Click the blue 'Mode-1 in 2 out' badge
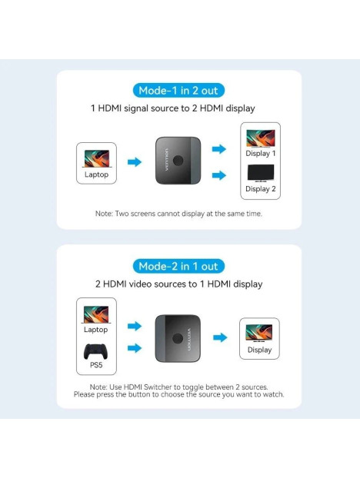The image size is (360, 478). [178, 90]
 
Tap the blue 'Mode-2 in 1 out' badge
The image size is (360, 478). [178, 266]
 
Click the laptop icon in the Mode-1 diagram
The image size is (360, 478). [97, 158]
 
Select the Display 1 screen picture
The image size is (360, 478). [261, 138]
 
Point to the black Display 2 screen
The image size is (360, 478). [261, 173]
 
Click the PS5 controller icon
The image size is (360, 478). [96, 351]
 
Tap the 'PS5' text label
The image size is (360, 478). [96, 365]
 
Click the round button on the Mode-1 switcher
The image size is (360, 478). [178, 160]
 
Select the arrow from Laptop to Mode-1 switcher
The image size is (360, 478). [135, 162]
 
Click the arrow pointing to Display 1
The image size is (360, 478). [219, 149]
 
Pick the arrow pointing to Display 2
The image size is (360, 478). [219, 175]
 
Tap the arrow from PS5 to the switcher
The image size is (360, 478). [135, 348]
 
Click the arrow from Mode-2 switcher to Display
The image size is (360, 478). [220, 337]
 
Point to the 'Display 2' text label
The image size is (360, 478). [261, 189]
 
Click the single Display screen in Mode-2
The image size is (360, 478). [259, 333]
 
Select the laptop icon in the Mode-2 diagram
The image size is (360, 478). [96, 314]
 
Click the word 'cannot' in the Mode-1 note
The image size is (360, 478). [168, 214]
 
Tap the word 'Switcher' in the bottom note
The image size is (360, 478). [158, 387]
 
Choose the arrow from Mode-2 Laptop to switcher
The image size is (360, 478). [135, 326]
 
